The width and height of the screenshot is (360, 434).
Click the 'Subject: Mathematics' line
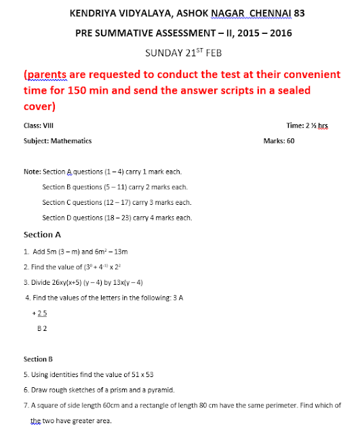pyautogui.click(x=58, y=141)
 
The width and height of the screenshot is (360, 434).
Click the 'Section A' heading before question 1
pyautogui.click(x=42, y=235)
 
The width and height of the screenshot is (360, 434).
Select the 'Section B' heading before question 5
pyautogui.click(x=38, y=359)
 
